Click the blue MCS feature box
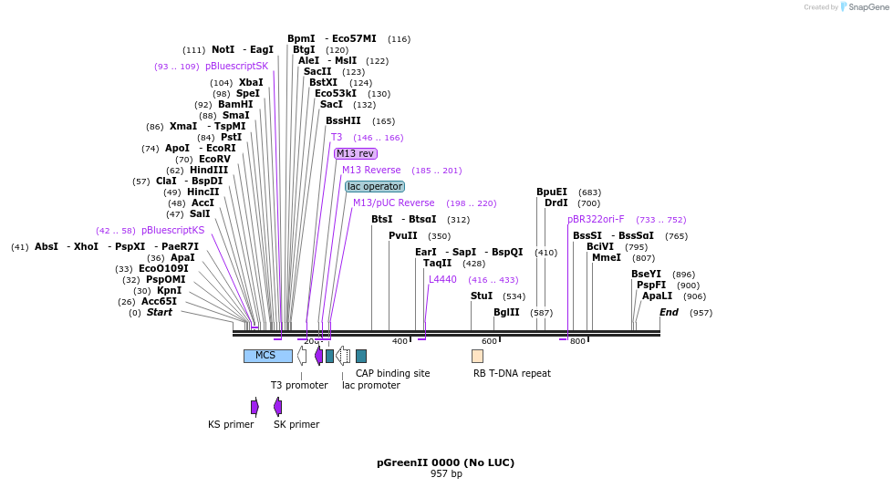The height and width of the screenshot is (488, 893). pos(267,356)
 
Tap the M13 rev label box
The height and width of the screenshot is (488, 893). pos(355,153)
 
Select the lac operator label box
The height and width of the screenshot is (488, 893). pos(374,186)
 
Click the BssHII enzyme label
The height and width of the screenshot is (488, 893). pos(343,120)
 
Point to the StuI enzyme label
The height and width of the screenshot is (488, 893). pos(482,296)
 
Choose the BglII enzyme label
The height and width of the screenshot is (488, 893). pos(506,312)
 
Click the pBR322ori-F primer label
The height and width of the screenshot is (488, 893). pos(596,219)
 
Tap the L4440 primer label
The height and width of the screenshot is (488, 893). pos(442,279)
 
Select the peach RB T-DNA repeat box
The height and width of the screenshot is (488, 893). pos(477,356)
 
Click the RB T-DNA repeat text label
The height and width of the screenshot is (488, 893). pos(512,373)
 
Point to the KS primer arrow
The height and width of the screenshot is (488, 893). pos(254,407)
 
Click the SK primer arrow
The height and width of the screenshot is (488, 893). pos(277,407)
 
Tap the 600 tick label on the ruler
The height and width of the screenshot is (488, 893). pos(489,341)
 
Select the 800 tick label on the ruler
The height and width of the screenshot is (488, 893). pos(577,341)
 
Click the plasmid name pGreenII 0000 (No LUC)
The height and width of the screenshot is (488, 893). pos(445,462)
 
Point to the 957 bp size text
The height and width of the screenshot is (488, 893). pos(446,474)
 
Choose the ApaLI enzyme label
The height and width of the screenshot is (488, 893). pos(657,296)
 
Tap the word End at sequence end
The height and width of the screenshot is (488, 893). pos(669,312)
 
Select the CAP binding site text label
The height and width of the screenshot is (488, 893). pos(392,373)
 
